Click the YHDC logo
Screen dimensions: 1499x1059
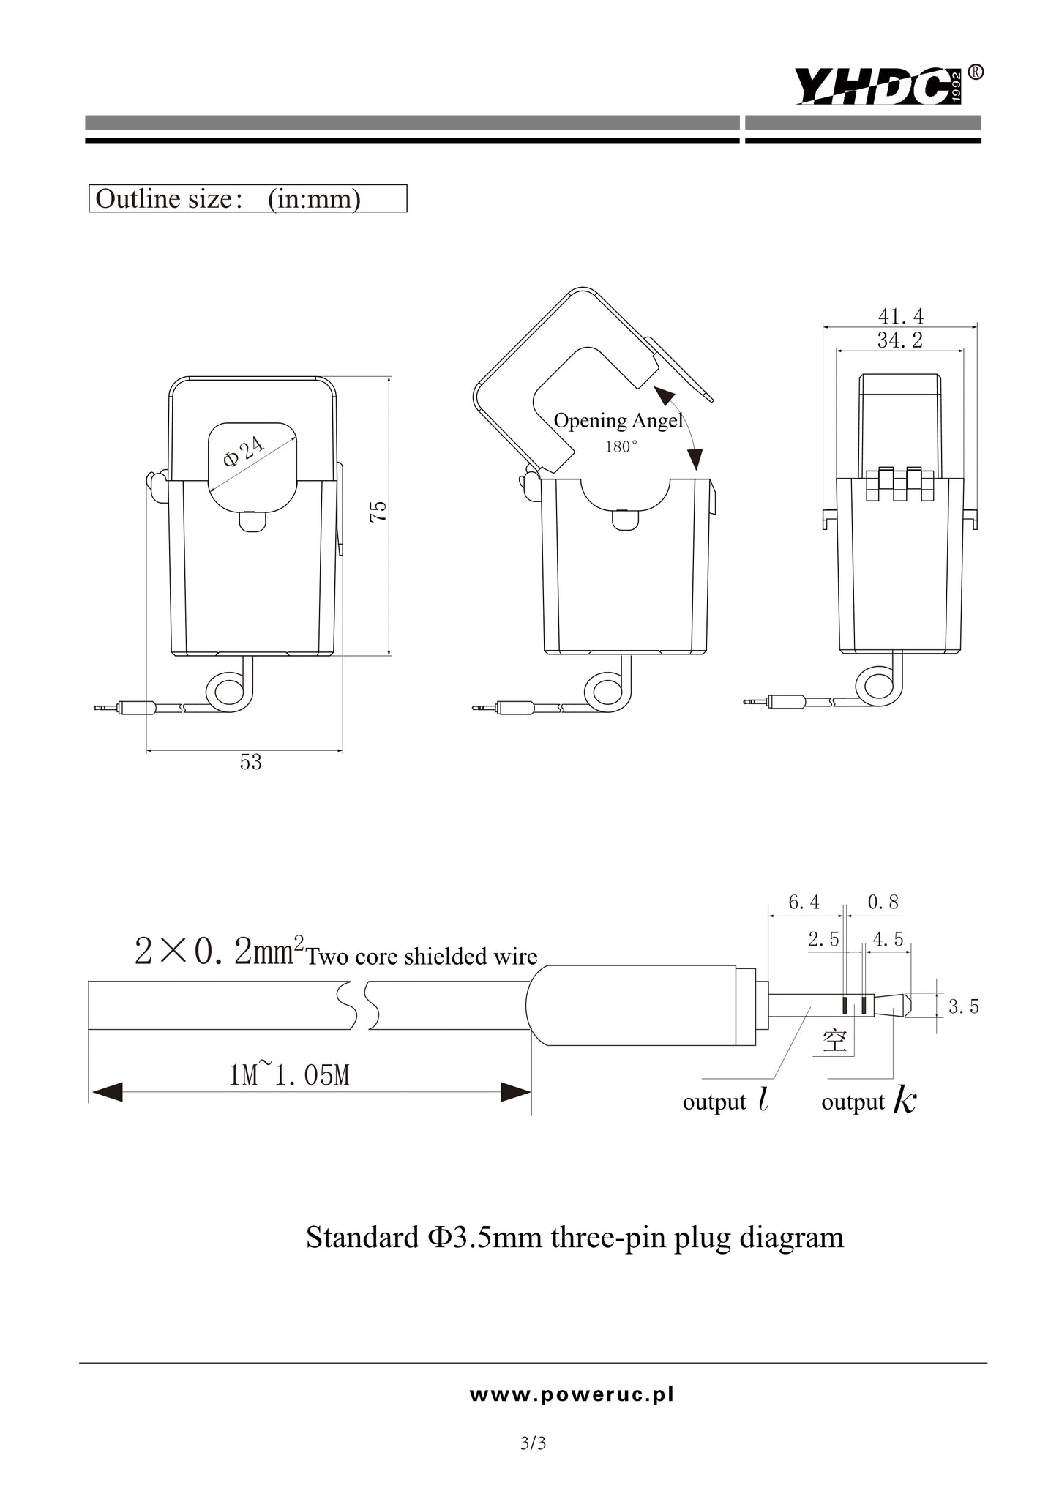click(x=878, y=86)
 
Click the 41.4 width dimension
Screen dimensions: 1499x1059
click(x=900, y=316)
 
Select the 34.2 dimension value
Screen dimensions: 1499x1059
click(x=899, y=340)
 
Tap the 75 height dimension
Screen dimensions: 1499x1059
click(x=378, y=512)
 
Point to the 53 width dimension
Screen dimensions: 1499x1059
click(x=250, y=763)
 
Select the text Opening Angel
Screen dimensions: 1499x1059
click(x=617, y=421)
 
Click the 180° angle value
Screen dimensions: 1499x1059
click(x=620, y=447)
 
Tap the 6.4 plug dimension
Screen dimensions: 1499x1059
click(x=804, y=902)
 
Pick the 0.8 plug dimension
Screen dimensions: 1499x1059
click(x=883, y=902)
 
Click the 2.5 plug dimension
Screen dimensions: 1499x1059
click(x=823, y=940)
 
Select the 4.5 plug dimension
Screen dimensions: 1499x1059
click(x=888, y=940)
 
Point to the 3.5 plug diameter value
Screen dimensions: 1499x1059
click(x=963, y=1007)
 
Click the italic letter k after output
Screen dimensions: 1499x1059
click(x=905, y=1101)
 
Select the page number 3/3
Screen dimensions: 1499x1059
click(x=533, y=1443)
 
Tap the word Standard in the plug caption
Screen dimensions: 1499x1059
click(x=362, y=1238)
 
